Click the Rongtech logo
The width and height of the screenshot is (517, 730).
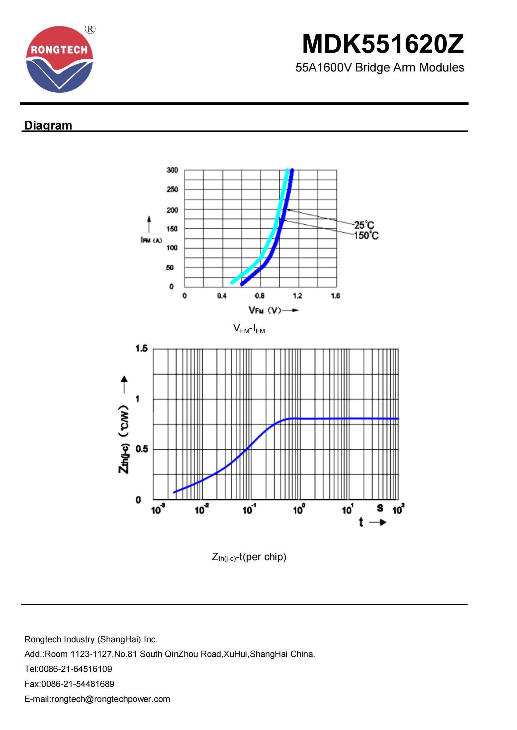(x=59, y=60)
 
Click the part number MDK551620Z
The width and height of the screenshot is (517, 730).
(x=383, y=44)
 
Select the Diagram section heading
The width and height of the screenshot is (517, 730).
(x=48, y=125)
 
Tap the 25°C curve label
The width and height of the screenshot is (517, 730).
(x=364, y=225)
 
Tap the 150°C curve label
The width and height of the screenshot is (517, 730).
(x=366, y=236)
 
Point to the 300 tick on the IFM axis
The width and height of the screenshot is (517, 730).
(x=172, y=170)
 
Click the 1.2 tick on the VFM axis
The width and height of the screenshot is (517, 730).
(x=297, y=296)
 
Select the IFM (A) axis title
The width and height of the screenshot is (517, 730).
(x=151, y=240)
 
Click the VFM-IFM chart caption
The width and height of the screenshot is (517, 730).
(x=249, y=328)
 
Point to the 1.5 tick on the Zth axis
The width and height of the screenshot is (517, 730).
(x=142, y=349)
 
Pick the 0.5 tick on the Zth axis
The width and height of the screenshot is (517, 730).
(x=142, y=449)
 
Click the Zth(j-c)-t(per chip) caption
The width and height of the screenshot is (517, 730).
(x=249, y=557)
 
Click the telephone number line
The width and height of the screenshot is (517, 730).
(x=68, y=669)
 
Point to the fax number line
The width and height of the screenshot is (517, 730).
(x=69, y=684)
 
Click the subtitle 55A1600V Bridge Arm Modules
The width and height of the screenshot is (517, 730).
(x=379, y=67)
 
